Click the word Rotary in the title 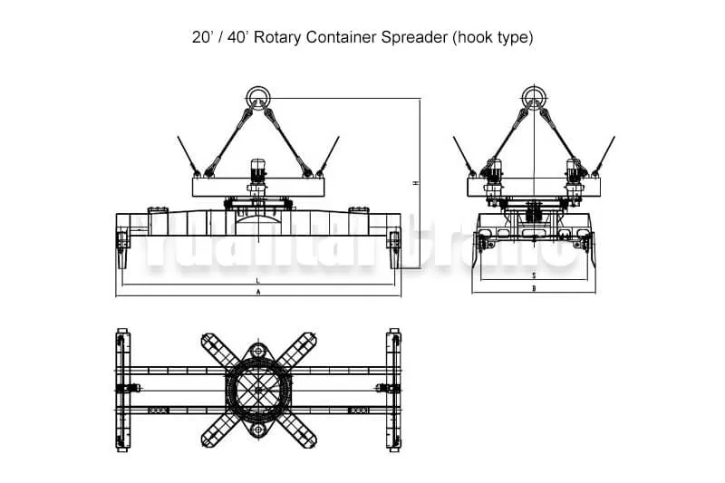275,38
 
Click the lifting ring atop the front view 258,95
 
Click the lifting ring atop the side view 535,95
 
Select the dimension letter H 415,183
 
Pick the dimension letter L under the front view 258,281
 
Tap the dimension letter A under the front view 258,293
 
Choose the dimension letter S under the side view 535,274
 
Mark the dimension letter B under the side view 535,289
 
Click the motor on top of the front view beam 258,169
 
